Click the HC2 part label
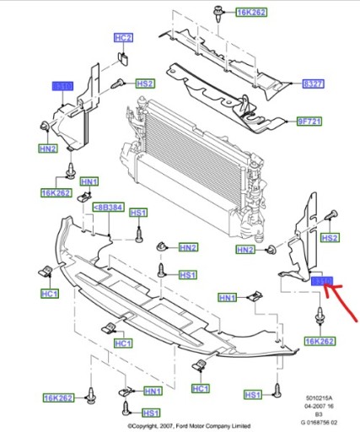[x=124, y=38]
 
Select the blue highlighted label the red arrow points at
[x=322, y=282]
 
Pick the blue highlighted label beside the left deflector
[x=64, y=86]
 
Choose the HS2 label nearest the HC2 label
[x=145, y=84]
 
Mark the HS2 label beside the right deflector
[x=330, y=239]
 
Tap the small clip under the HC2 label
[x=123, y=57]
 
